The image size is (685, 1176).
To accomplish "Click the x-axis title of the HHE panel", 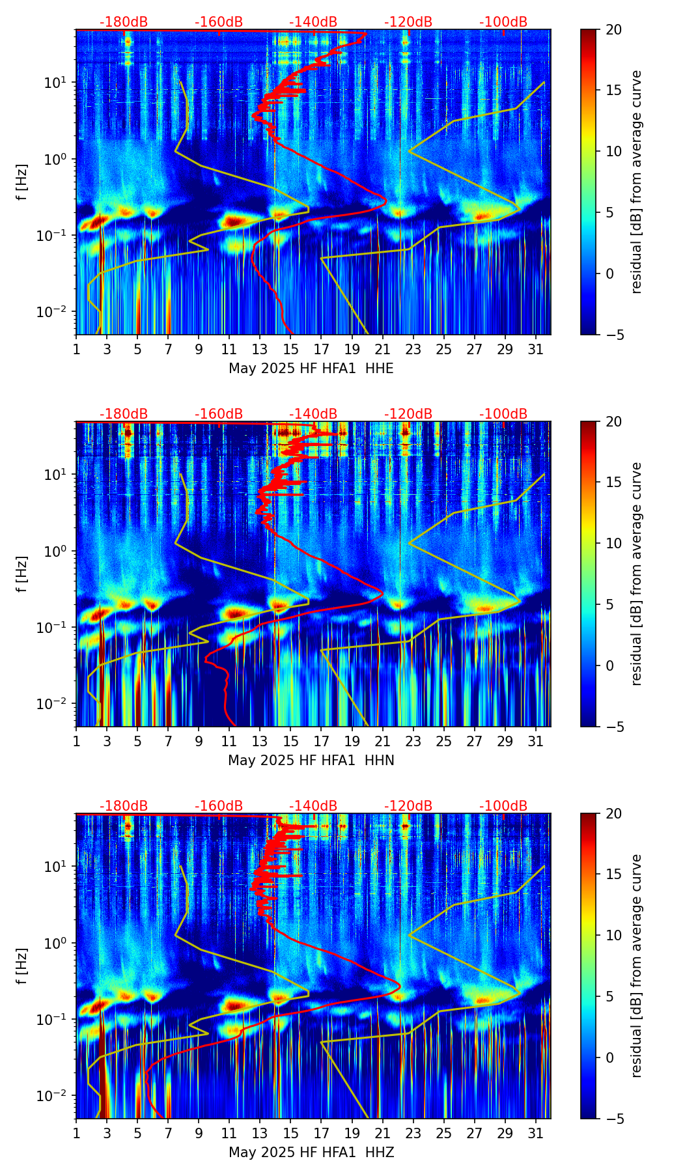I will (x=311, y=369).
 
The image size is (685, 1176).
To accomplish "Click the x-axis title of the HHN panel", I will (x=311, y=761).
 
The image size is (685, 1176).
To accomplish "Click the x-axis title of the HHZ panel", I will (x=311, y=1153).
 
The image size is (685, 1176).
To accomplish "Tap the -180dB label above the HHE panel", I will (x=124, y=22).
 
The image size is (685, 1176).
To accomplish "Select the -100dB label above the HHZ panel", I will (x=503, y=806).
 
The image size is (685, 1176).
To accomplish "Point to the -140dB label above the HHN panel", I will (x=313, y=414).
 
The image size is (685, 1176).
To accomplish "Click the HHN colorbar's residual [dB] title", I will (x=636, y=574).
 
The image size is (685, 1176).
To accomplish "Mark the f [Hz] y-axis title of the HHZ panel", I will (x=23, y=966).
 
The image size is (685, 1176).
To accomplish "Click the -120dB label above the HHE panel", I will (x=408, y=22).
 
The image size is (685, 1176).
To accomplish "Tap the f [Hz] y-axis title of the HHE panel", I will (x=23, y=182).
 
